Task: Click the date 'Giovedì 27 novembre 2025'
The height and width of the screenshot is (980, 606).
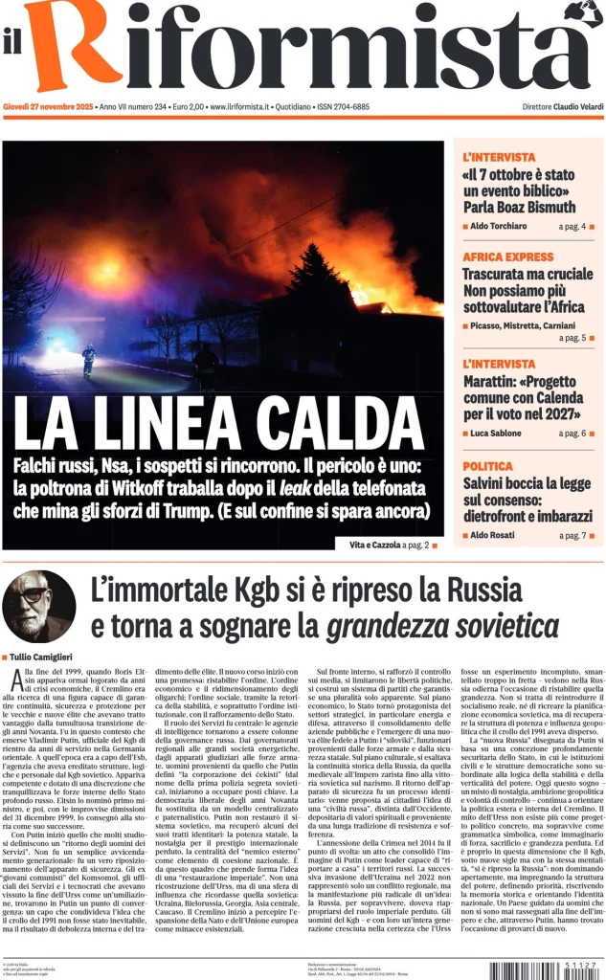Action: [x=48, y=106]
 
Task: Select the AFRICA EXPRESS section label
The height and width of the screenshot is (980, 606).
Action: [x=508, y=257]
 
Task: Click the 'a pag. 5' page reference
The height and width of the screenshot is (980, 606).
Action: [x=572, y=338]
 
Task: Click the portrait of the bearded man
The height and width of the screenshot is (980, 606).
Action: [x=38, y=607]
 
